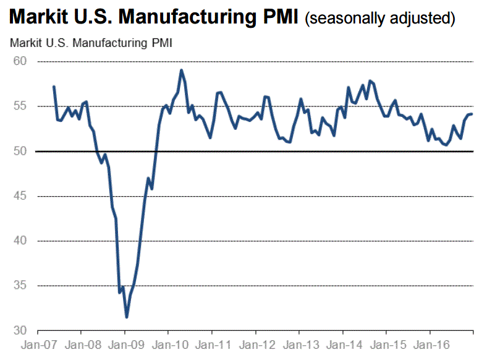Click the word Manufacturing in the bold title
(x=186, y=17)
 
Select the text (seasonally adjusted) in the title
(x=380, y=19)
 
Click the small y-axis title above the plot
(x=91, y=43)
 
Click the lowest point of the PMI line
(x=126, y=317)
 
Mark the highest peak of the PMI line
(x=181, y=70)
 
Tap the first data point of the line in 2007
(x=54, y=87)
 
